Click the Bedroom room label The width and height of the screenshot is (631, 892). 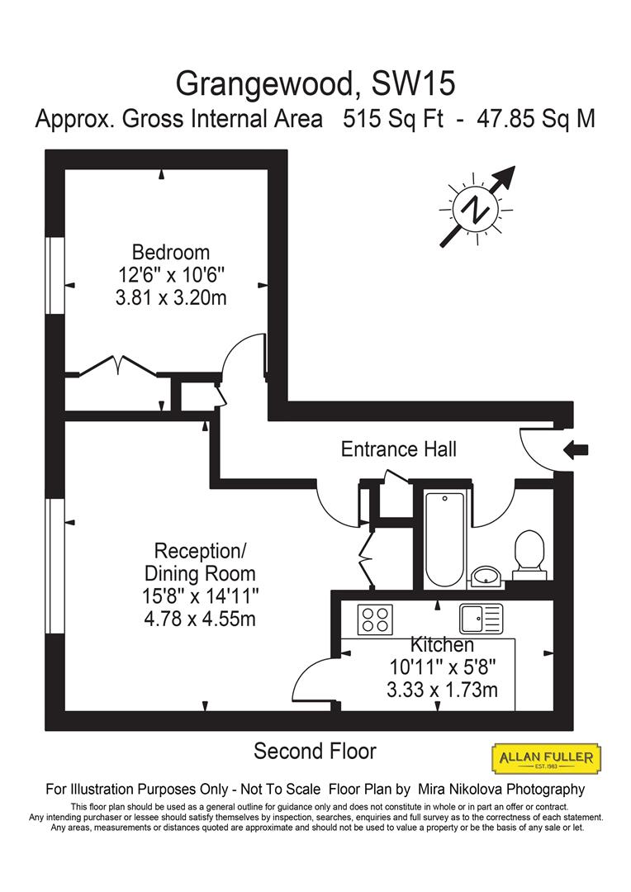171,252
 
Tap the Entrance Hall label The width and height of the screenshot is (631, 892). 398,449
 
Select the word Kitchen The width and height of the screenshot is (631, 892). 442,644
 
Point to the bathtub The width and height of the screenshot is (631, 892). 444,537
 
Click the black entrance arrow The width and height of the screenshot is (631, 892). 576,449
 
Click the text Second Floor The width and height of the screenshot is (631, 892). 315,752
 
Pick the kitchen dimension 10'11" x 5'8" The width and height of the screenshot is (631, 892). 442,667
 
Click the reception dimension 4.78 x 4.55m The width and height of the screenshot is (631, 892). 200,617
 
